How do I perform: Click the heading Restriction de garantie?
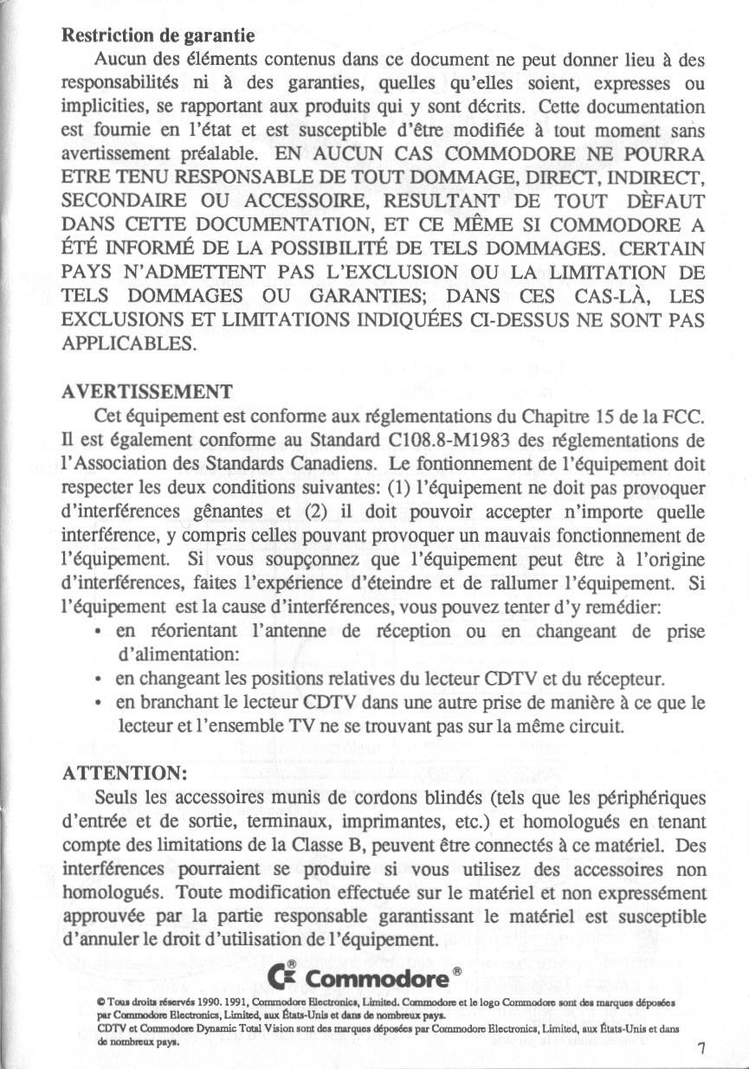coord(158,36)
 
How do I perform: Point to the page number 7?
coord(702,1050)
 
